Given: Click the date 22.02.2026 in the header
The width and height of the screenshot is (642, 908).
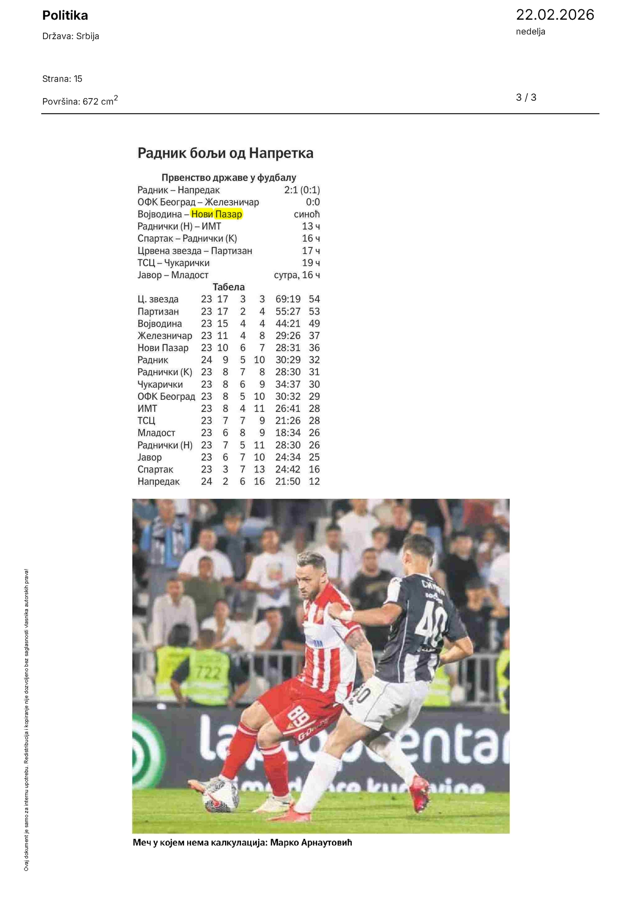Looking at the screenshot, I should point(555,15).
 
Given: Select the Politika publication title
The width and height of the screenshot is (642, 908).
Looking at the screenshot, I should point(65,16).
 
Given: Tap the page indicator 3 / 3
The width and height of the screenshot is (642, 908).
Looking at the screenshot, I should point(526,98).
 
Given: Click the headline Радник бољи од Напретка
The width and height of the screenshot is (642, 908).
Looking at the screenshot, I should point(225,153).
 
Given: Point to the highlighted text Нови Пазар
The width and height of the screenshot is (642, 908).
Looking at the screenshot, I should point(217,214).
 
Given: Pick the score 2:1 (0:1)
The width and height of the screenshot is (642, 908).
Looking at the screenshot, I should point(302,190).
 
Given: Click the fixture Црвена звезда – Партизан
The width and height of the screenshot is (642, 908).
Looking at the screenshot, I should point(195,251).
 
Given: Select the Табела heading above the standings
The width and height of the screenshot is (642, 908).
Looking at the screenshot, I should point(228,287).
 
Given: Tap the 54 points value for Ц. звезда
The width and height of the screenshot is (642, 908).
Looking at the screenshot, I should point(314,299).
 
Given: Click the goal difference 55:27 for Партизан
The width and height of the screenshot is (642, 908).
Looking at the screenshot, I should point(288,311).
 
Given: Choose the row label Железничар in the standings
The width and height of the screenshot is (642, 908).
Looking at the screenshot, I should point(165,336).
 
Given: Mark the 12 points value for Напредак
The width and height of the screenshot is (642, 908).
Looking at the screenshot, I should point(314,481).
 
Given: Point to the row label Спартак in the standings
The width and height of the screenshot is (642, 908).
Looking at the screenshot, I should point(155,469).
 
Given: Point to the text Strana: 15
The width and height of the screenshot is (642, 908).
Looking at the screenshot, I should point(62,79).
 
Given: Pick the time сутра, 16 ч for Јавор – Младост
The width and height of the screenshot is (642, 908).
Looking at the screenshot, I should point(297,275).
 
